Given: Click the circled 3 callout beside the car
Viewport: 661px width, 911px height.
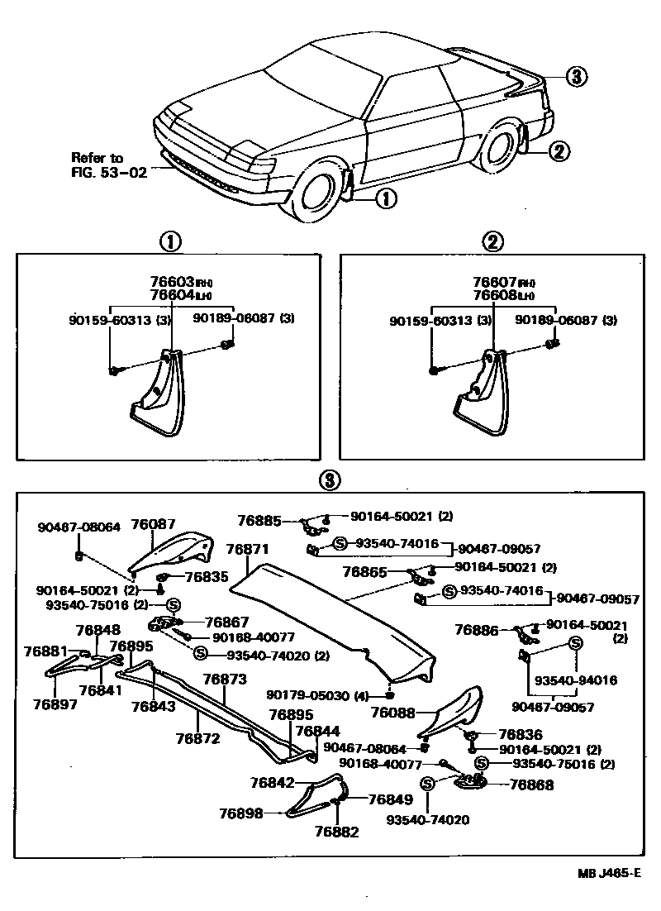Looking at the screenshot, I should pos(576,77).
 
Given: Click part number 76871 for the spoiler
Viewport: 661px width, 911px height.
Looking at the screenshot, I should pos(247,549).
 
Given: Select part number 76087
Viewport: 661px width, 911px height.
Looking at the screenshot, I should pos(153,524).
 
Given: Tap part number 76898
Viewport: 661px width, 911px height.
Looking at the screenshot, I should pos(240,813).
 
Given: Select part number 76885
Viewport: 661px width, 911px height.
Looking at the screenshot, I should pos(259,521).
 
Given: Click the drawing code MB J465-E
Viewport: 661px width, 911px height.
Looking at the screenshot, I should pos(608,873).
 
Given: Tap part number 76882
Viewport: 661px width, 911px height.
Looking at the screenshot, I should pos(337,832).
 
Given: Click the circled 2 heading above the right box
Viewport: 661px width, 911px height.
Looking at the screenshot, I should pos(492,241).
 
